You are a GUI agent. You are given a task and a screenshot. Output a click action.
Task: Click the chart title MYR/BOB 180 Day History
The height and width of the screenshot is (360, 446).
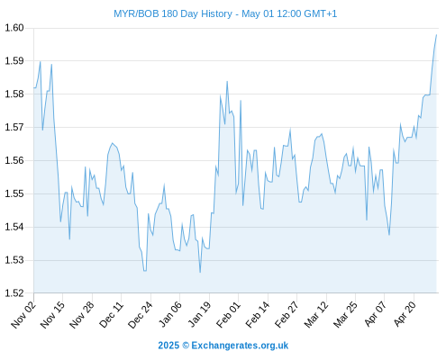coord(173,13)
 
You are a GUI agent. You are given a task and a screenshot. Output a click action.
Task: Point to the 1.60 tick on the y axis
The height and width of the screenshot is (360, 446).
coord(14,28)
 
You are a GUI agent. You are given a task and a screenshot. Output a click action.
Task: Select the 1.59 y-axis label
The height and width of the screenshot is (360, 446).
coord(14,61)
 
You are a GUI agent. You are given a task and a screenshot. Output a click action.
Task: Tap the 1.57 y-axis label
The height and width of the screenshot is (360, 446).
coord(14,127)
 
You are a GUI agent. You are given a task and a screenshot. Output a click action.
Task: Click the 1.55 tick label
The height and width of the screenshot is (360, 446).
coord(14,193)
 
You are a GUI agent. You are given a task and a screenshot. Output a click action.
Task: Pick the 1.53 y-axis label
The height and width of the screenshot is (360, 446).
coord(14,260)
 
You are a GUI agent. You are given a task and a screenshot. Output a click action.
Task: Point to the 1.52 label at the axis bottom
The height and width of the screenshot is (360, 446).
coord(14,293)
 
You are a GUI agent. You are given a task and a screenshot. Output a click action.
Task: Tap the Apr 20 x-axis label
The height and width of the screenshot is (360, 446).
coord(405,314)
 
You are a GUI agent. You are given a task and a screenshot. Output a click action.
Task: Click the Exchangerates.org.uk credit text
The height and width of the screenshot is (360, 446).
coord(240,346)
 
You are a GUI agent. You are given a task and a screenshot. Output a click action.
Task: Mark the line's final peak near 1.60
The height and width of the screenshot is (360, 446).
coord(436,35)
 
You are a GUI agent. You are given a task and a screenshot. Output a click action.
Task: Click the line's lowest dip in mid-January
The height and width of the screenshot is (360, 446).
coord(200,272)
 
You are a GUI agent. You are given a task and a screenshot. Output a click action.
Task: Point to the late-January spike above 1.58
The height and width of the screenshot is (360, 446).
coord(227,81)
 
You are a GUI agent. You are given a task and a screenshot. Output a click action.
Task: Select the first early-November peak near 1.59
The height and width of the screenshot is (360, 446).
coord(41,62)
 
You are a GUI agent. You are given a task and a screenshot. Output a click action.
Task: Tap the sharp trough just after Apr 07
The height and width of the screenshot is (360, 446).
coord(389,235)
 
